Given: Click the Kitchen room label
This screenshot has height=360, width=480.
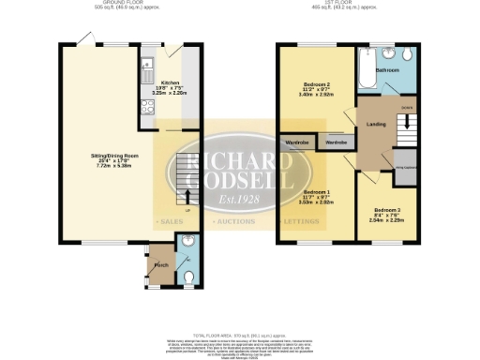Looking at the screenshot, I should [172, 82].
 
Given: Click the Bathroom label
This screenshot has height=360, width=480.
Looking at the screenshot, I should [388, 70].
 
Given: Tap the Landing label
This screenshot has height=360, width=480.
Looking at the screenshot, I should [377, 124].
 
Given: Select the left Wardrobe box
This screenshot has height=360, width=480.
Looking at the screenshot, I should [297, 143].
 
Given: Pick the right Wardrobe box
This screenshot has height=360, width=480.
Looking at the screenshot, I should [335, 143].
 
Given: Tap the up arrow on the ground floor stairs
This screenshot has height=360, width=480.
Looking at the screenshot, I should [187, 197].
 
